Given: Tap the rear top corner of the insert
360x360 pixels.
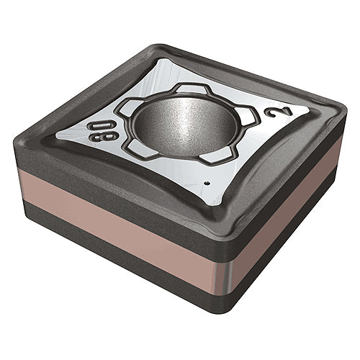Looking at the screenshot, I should coord(155,49).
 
